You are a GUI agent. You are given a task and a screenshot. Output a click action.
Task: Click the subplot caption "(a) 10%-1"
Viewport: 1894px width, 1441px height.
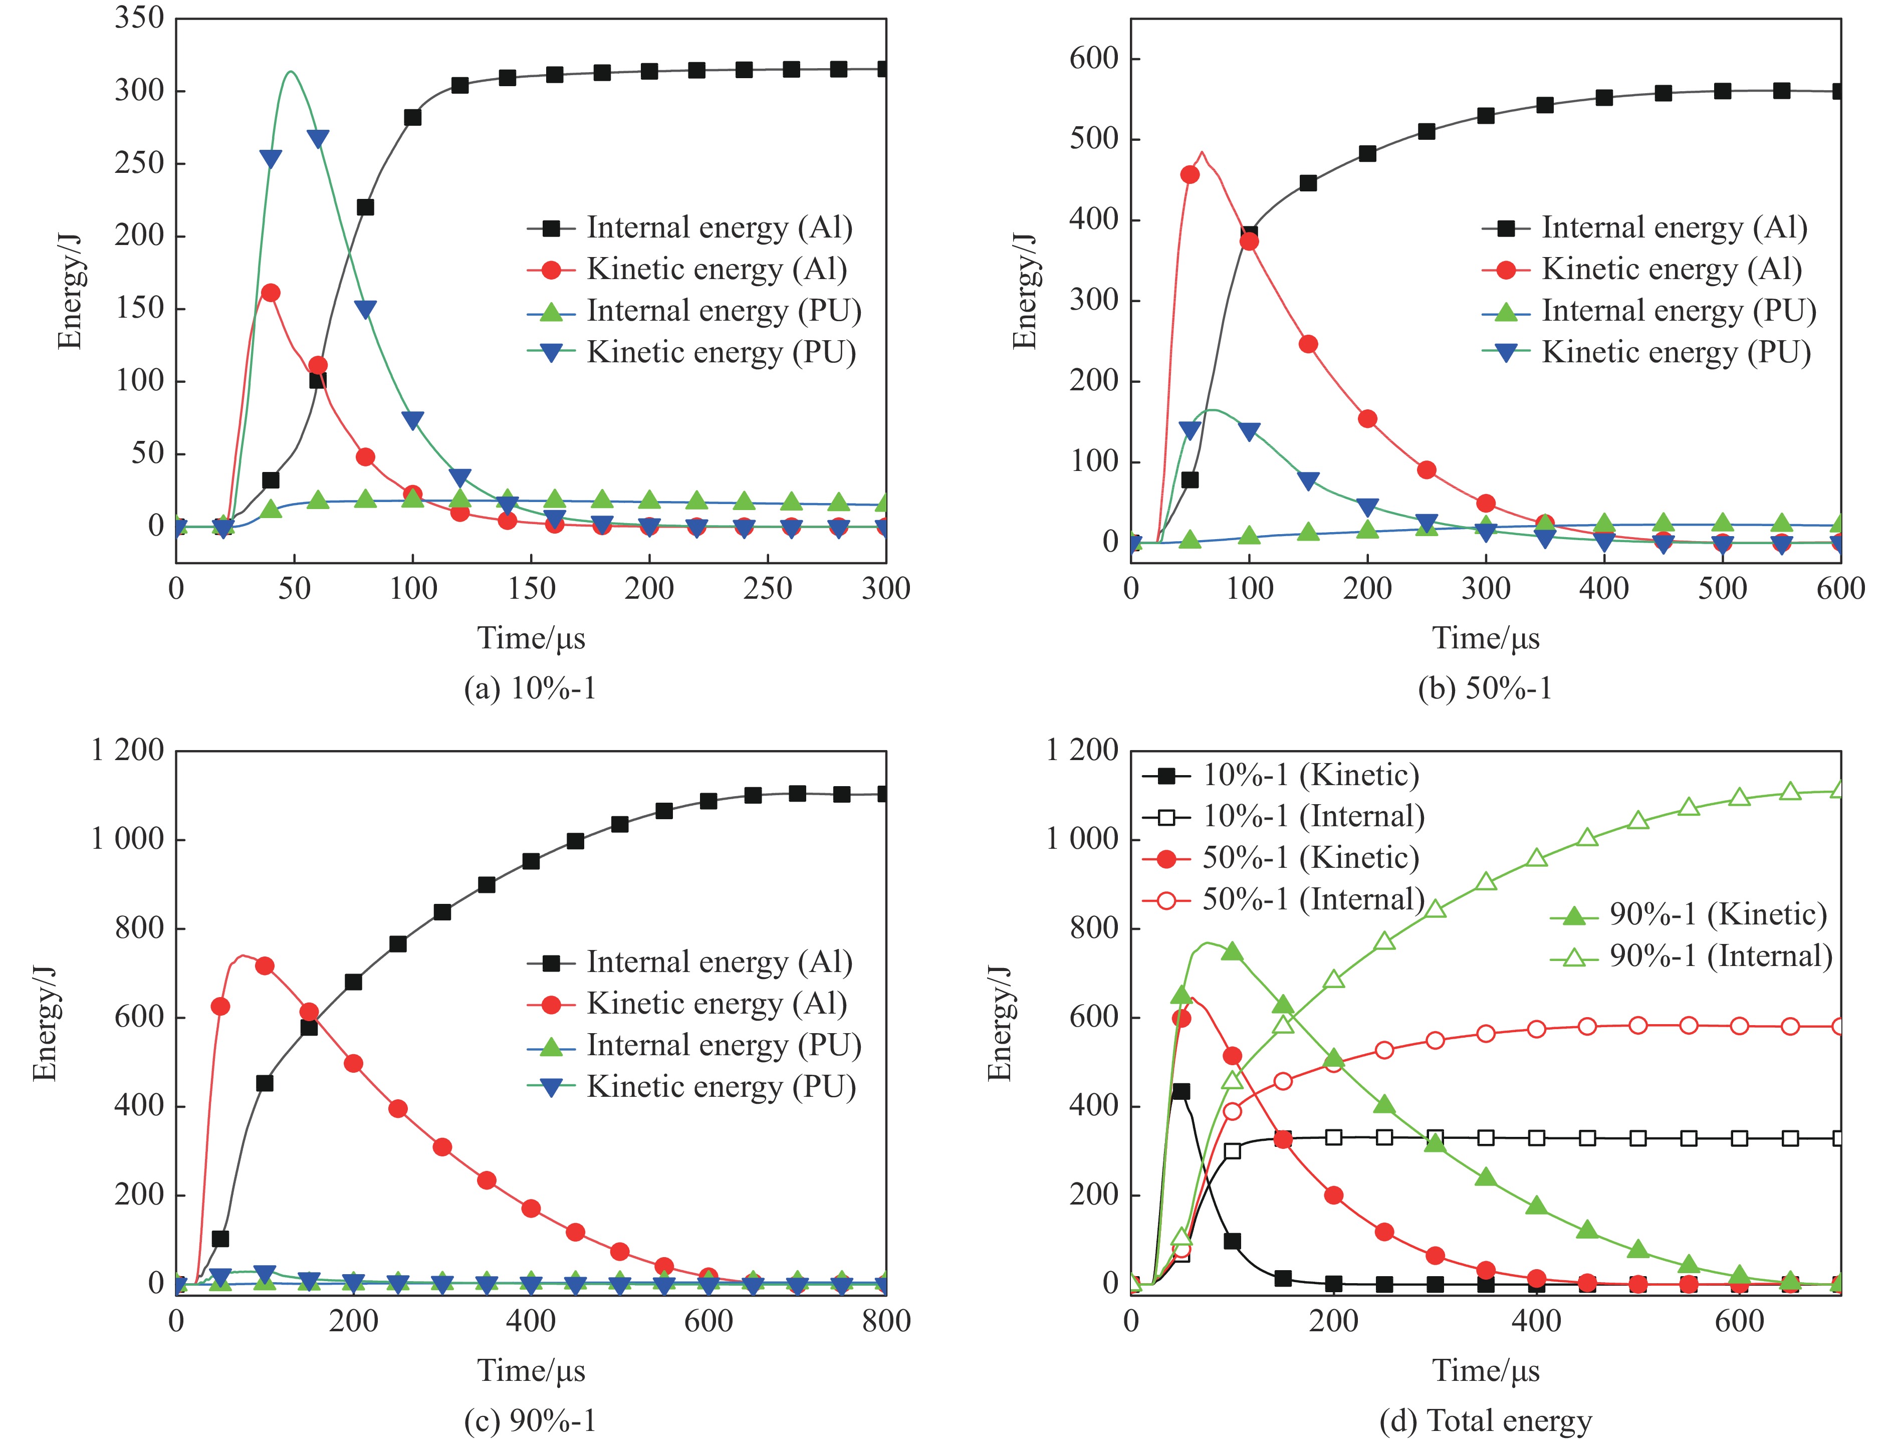click(x=530, y=689)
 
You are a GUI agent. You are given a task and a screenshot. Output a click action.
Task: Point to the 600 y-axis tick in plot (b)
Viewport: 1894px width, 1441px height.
click(x=1094, y=58)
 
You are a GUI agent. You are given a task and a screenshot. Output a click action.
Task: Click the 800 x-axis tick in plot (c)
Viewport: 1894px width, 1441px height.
click(x=886, y=1321)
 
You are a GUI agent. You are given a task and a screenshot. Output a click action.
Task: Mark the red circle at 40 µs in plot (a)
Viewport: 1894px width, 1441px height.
click(x=270, y=293)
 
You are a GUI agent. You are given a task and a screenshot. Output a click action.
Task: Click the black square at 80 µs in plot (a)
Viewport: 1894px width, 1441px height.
click(x=365, y=207)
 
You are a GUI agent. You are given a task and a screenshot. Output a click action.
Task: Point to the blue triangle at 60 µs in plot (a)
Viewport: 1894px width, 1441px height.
click(x=317, y=139)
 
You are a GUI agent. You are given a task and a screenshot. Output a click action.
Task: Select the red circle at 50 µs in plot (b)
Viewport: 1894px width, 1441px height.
click(x=1190, y=175)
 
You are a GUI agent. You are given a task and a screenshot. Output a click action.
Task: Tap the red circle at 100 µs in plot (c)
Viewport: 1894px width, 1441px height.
click(x=265, y=966)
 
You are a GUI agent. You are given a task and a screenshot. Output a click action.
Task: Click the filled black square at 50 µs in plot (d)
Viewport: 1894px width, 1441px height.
click(x=1181, y=1091)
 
